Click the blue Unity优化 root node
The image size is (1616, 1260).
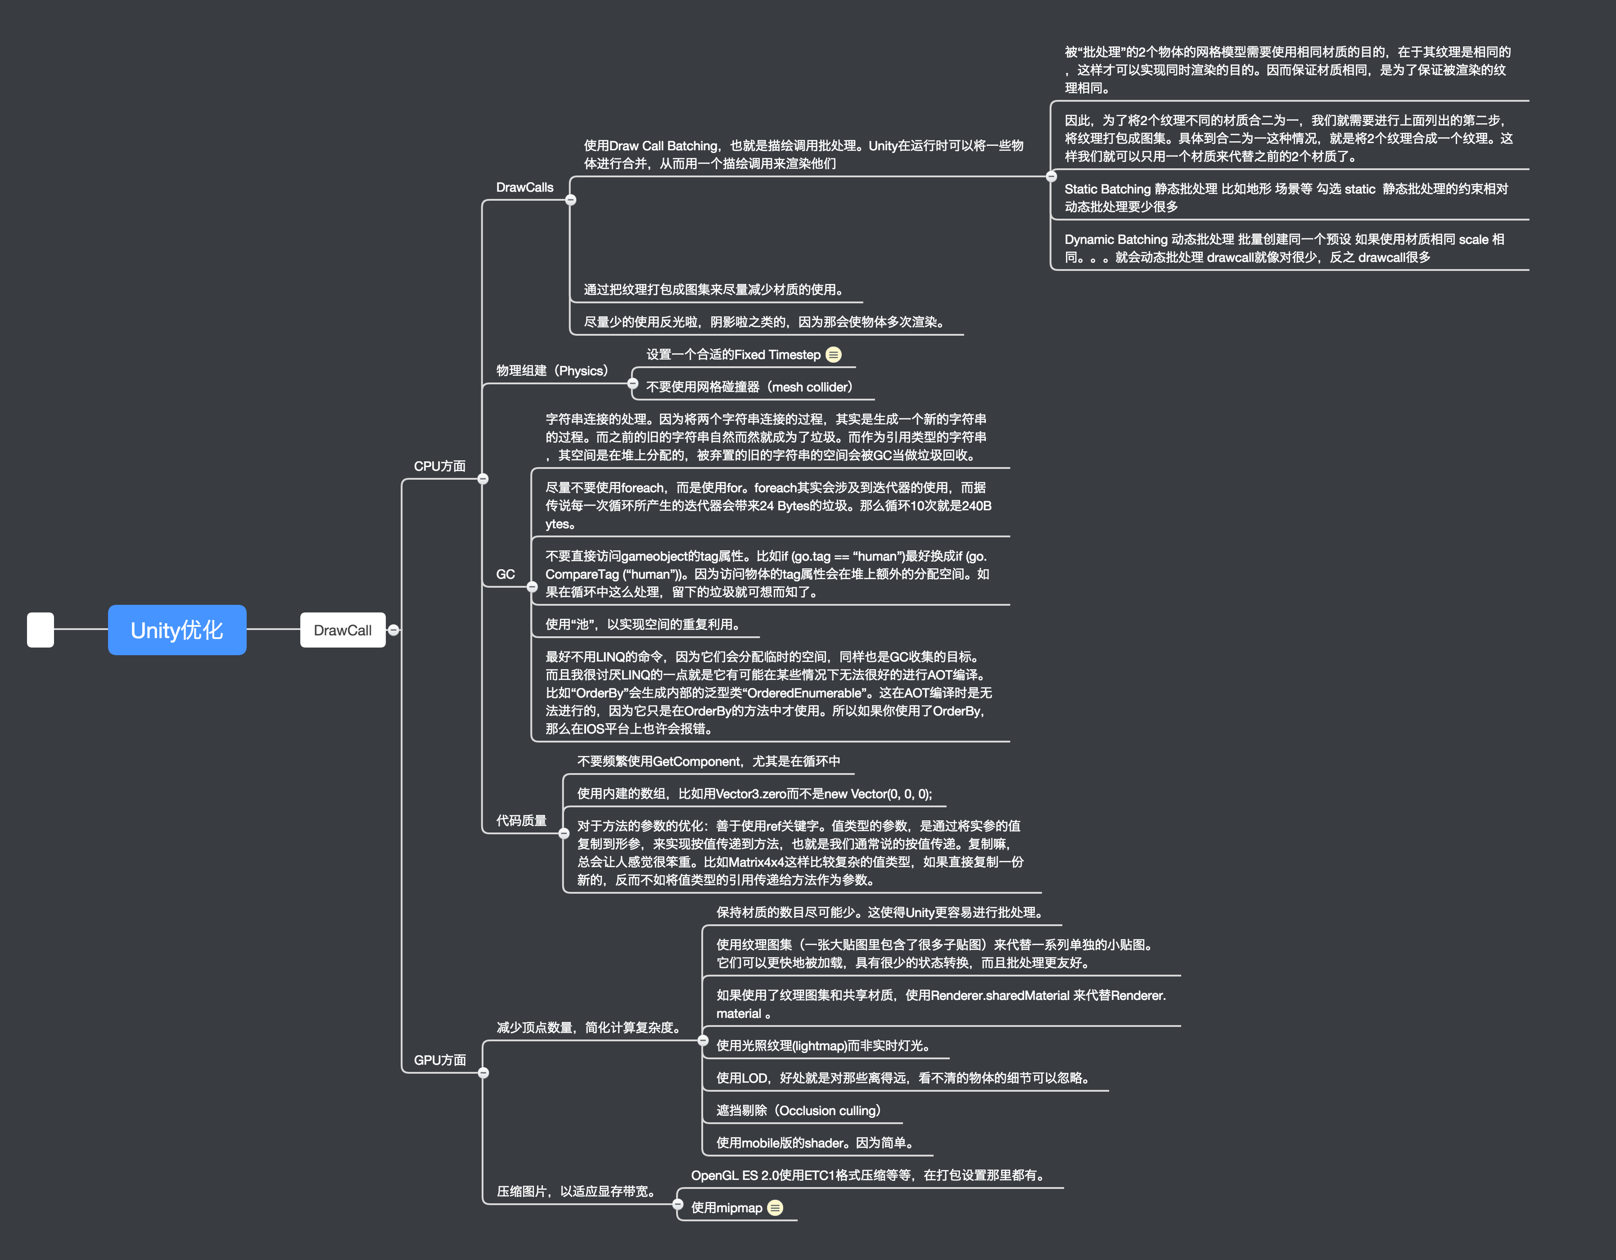[x=177, y=630]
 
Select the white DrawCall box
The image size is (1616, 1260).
[x=343, y=630]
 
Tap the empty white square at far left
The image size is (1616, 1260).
[x=40, y=630]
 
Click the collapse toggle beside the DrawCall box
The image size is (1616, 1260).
[x=393, y=630]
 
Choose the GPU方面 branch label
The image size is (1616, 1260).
[x=439, y=1059]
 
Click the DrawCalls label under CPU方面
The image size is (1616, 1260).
[x=524, y=187]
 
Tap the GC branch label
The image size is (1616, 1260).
[x=506, y=574]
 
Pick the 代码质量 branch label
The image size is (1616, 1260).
[x=521, y=820]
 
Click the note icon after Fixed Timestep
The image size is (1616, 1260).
[x=833, y=355]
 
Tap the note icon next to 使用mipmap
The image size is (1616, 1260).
[x=775, y=1207]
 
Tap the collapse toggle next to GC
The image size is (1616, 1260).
[x=532, y=587]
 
